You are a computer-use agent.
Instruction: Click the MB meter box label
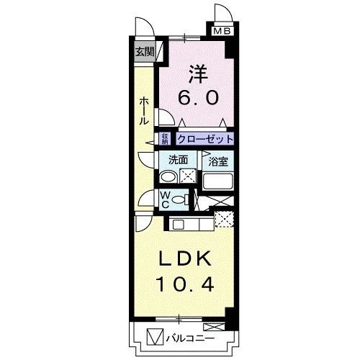point(220,30)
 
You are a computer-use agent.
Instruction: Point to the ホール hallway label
point(144,112)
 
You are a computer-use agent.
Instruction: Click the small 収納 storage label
point(165,138)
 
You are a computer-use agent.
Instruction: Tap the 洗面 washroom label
point(178,161)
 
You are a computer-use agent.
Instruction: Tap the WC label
point(165,199)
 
